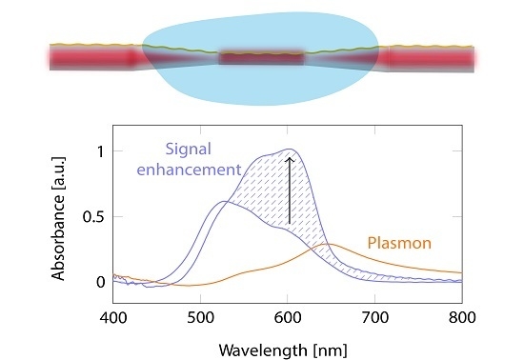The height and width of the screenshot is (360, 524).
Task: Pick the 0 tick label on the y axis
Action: [99, 282]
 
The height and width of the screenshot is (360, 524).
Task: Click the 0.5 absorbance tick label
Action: [93, 216]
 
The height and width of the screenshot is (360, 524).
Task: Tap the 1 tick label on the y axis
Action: [99, 150]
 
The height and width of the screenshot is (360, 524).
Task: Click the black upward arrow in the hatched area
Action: [289, 190]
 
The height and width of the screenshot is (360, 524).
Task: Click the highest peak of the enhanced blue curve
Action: [288, 149]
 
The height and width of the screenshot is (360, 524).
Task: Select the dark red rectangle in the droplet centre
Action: [262, 59]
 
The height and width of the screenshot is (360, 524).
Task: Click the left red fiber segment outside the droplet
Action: [91, 57]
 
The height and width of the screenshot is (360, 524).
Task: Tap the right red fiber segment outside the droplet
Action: [433, 58]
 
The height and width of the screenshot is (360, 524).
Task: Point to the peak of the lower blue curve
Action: [223, 201]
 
